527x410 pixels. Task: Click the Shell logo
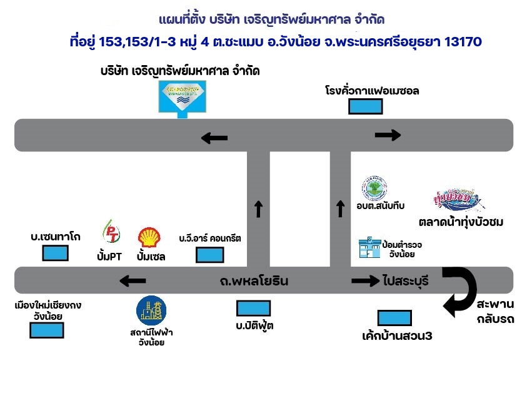tap(149, 237)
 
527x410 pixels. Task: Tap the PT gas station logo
tap(111, 232)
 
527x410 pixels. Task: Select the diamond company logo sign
tap(181, 97)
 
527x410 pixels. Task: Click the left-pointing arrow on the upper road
tap(214, 138)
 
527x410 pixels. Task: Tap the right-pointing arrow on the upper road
tap(388, 135)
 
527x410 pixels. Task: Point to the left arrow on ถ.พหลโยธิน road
tap(133, 281)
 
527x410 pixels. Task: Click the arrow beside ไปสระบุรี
tap(365, 281)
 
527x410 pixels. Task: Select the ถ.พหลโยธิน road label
tap(254, 281)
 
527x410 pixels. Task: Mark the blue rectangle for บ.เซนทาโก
tap(55, 254)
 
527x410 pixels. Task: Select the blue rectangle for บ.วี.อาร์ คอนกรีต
tap(210, 255)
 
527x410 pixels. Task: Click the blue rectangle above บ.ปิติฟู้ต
tap(253, 308)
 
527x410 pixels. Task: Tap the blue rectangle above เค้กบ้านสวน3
tap(394, 317)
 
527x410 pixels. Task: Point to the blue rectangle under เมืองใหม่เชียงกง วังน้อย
tap(46, 330)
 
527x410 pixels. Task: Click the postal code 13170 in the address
tap(461, 42)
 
